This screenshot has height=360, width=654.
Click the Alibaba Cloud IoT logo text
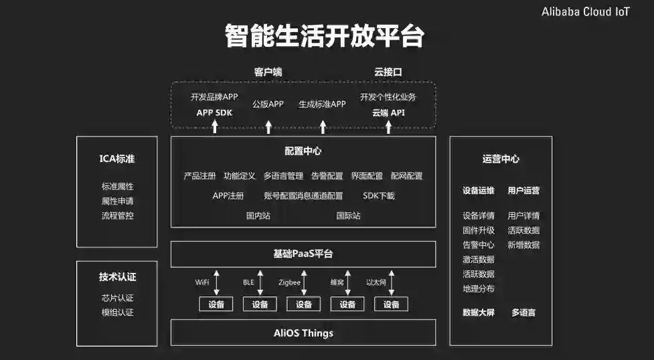pyautogui.click(x=585, y=13)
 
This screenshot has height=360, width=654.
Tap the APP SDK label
pyautogui.click(x=214, y=112)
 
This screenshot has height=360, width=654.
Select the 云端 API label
pyautogui.click(x=388, y=112)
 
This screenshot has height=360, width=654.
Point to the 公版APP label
pyautogui.click(x=268, y=104)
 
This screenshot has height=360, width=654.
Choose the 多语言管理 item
pyautogui.click(x=283, y=176)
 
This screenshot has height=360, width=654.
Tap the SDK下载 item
pyautogui.click(x=379, y=196)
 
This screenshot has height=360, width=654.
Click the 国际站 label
pyautogui.click(x=348, y=215)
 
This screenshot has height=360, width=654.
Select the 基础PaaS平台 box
pyautogui.click(x=303, y=254)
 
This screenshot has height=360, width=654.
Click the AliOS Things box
pyautogui.click(x=303, y=333)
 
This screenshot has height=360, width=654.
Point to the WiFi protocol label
pyautogui.click(x=202, y=282)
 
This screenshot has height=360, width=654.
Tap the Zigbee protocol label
pyautogui.click(x=289, y=282)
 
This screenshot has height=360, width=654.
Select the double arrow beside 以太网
pyautogui.click(x=392, y=282)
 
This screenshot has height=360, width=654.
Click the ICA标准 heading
pyautogui.click(x=117, y=159)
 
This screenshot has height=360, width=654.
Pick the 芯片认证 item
pyautogui.click(x=117, y=298)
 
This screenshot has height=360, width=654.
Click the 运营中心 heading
pyautogui.click(x=501, y=159)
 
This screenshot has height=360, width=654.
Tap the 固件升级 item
pyautogui.click(x=478, y=230)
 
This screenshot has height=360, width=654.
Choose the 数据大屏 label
pyautogui.click(x=478, y=312)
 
